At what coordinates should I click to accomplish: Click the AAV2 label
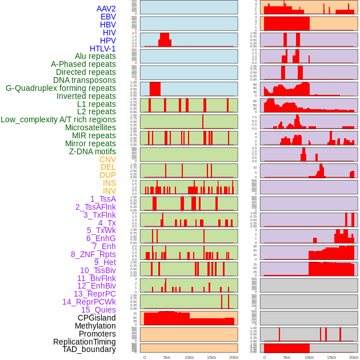[x=106, y=9]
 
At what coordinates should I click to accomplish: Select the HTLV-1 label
[x=103, y=49]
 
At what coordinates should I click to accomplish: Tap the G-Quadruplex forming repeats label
[x=61, y=88]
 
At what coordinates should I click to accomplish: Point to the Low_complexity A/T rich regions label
[x=58, y=119]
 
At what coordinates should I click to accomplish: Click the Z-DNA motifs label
[x=93, y=151]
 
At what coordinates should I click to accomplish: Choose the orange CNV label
[x=107, y=159]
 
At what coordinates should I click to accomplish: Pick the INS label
[x=109, y=183]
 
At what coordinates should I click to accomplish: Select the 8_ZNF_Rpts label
[x=93, y=254]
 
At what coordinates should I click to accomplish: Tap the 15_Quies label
[x=98, y=310]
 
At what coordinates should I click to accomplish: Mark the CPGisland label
[x=97, y=318]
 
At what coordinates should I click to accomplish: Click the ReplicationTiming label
[x=84, y=342]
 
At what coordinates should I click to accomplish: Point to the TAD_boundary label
[x=89, y=349]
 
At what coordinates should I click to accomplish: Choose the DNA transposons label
[x=85, y=80]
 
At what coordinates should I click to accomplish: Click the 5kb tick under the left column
[x=167, y=357]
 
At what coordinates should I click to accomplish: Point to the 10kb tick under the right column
[x=309, y=357]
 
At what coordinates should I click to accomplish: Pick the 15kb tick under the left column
[x=211, y=357]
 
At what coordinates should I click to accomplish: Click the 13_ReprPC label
[x=95, y=294]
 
